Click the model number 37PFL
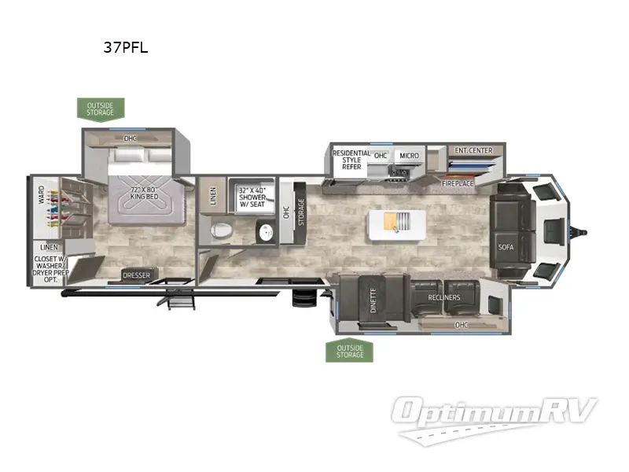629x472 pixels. pyautogui.click(x=125, y=47)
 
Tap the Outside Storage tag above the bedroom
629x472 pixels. pyautogui.click(x=100, y=108)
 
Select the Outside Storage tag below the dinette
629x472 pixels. pyautogui.click(x=350, y=351)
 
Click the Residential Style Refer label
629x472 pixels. pyautogui.click(x=347, y=160)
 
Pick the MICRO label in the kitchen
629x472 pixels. pyautogui.click(x=409, y=156)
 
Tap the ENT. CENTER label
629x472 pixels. pyautogui.click(x=473, y=150)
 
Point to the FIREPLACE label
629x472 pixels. pyautogui.click(x=458, y=183)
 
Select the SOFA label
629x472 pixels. pyautogui.click(x=506, y=247)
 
